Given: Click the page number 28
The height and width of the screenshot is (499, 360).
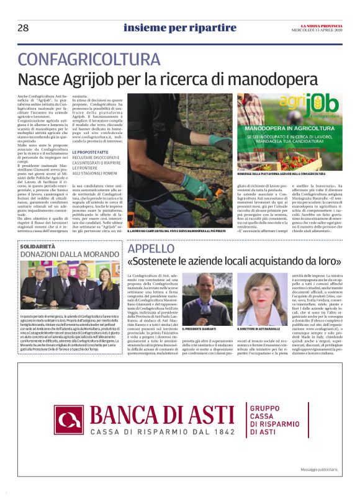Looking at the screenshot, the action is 23,28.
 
